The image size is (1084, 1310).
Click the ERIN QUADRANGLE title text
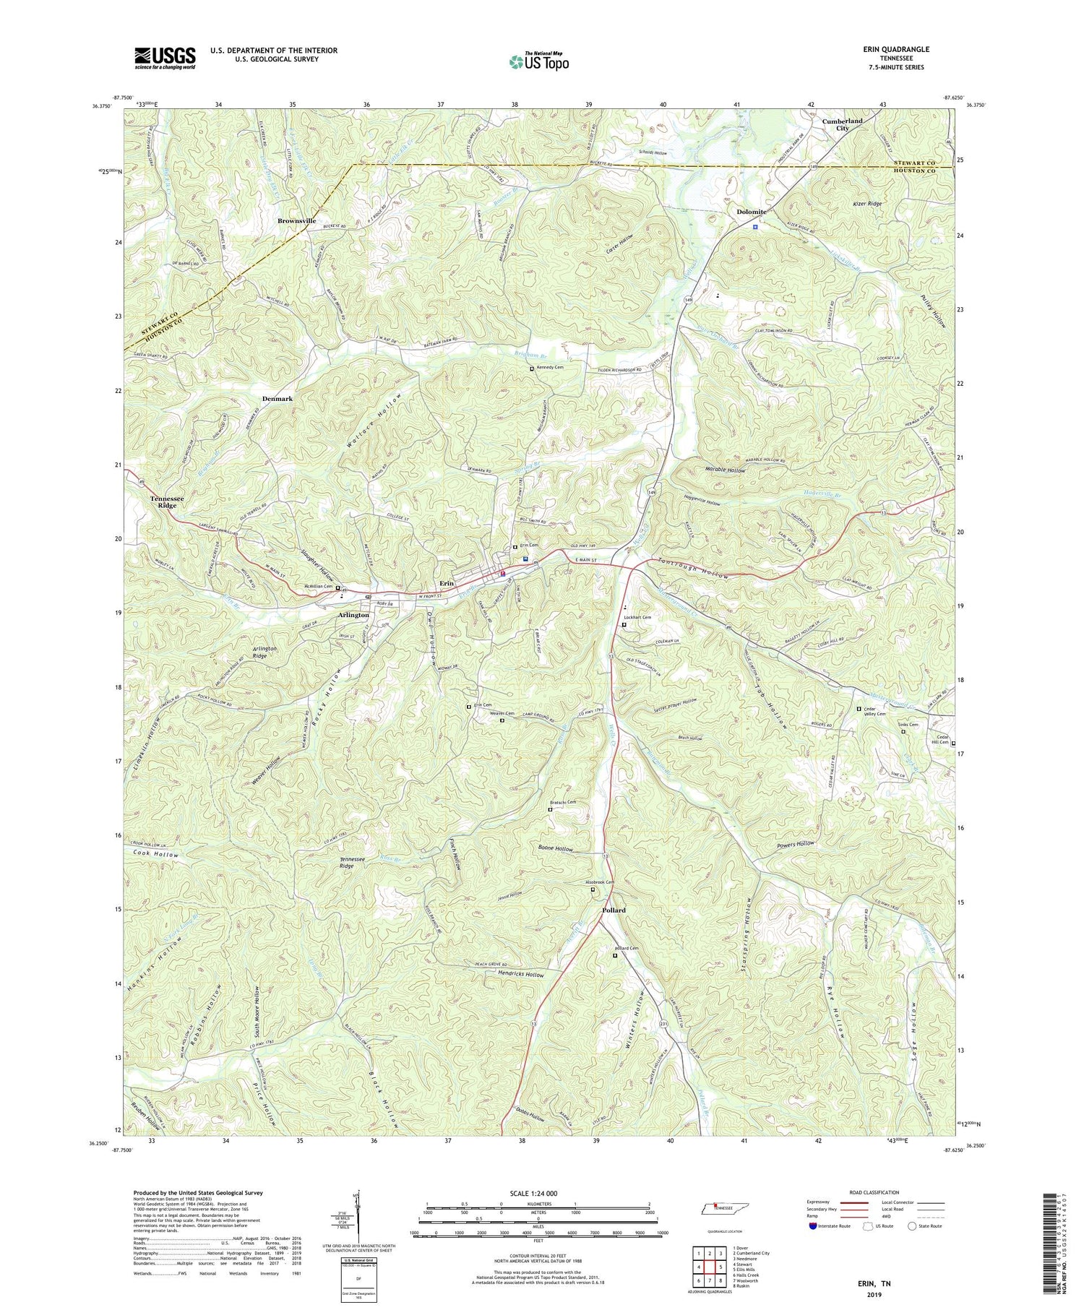coord(892,49)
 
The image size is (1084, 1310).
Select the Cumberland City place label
coord(842,125)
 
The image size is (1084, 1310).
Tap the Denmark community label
coord(278,399)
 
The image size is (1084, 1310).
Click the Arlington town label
coord(353,615)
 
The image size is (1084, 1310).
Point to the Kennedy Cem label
coord(550,368)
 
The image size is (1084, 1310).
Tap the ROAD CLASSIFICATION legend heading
coord(874,1192)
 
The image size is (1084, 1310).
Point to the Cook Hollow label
coord(155,855)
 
